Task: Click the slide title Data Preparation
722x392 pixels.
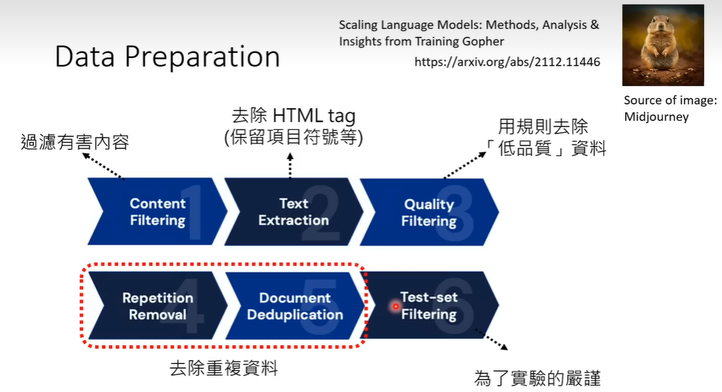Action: [x=167, y=57]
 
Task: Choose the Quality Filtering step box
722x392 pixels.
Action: [x=429, y=213]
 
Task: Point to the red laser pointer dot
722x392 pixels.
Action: [x=396, y=307]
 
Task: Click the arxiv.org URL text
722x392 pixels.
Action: [x=506, y=62]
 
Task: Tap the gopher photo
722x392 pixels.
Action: [x=663, y=45]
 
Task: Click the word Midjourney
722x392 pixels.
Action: [x=656, y=117]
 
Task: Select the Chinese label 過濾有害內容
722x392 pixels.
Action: [x=74, y=143]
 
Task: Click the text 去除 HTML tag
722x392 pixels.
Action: [x=293, y=116]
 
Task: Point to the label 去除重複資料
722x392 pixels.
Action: [x=223, y=368]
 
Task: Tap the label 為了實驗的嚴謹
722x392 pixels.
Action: [x=537, y=378]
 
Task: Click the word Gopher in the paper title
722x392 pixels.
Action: [x=485, y=42]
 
